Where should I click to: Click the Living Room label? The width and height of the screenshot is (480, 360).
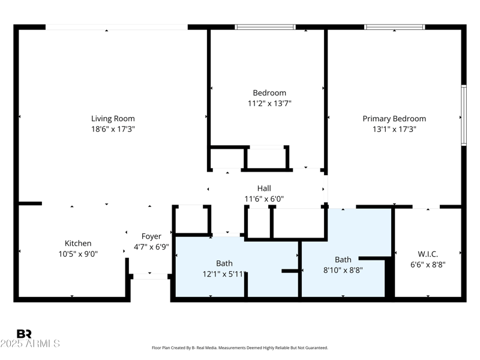[x=113, y=119]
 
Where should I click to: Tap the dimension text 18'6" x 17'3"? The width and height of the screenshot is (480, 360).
[x=113, y=129]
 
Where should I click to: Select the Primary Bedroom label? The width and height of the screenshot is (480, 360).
[x=394, y=119]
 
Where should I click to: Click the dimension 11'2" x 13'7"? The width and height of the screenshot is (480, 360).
[x=269, y=103]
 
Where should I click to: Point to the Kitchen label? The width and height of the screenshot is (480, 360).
[x=78, y=243]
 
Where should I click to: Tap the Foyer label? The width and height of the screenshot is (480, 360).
[x=151, y=236]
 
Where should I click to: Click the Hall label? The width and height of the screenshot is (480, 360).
[x=264, y=188]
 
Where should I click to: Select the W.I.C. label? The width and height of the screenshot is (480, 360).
[x=428, y=254]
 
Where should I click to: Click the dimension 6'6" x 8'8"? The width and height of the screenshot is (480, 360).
[x=428, y=264]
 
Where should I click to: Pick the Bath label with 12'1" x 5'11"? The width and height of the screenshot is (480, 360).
[x=224, y=263]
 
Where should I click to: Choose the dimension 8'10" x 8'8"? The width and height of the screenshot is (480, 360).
[x=343, y=270]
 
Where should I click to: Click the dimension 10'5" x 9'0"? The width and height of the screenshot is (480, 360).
[x=78, y=253]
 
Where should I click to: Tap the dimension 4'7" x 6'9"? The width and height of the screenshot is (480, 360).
[x=151, y=247]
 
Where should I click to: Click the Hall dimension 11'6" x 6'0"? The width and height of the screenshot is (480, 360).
[x=264, y=199]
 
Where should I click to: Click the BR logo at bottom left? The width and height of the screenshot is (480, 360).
[x=24, y=334]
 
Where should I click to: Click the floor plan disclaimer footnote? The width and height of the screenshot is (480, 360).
[x=240, y=348]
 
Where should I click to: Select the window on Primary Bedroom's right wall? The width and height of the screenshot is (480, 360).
[x=463, y=115]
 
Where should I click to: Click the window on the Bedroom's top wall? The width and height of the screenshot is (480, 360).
[x=265, y=27]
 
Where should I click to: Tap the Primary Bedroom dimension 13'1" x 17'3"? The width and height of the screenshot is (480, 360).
[x=394, y=129]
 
